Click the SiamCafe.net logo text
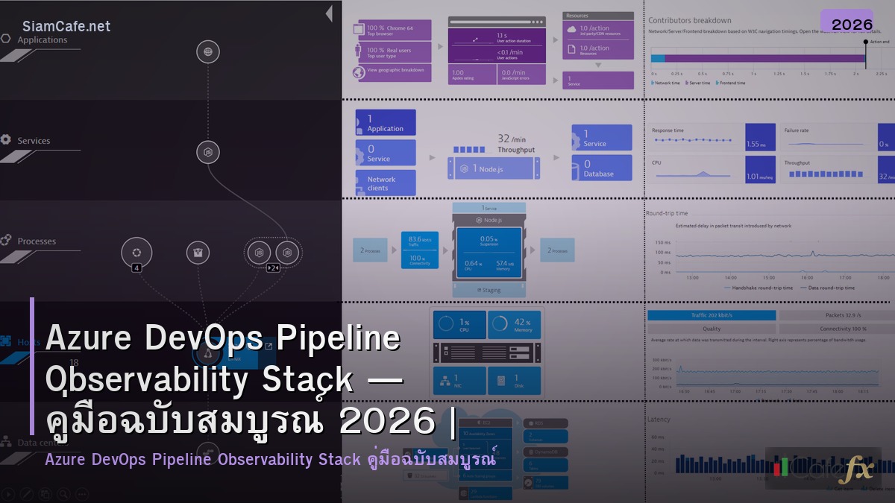tap(66, 26)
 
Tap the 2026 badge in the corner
tap(852, 24)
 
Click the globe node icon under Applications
tap(208, 51)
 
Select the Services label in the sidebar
tap(34, 141)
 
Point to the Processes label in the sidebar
tap(37, 241)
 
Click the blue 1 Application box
tap(386, 123)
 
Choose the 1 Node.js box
tap(492, 168)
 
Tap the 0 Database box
tap(602, 168)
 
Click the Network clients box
tap(386, 183)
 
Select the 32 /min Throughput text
tap(515, 144)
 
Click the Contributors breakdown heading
tap(690, 21)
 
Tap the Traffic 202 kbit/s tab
tap(712, 315)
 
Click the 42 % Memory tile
tap(515, 325)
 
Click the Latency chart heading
tap(659, 420)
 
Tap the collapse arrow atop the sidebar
tap(329, 14)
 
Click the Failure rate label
tap(797, 130)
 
